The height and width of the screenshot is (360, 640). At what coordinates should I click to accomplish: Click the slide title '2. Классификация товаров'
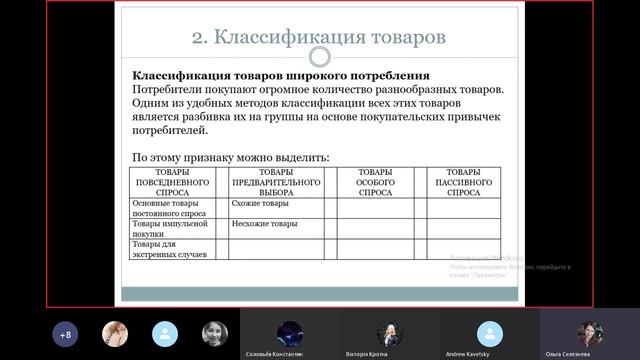click(319, 37)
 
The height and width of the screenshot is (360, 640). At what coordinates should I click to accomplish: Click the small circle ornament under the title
click(319, 57)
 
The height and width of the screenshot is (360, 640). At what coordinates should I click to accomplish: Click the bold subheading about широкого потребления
click(281, 76)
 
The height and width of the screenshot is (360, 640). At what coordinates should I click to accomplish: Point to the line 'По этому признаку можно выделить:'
click(230, 158)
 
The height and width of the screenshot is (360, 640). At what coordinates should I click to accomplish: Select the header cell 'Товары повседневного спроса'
click(172, 182)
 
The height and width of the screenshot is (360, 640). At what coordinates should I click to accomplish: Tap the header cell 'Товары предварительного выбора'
click(275, 182)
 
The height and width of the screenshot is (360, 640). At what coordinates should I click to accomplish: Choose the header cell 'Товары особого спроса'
click(375, 182)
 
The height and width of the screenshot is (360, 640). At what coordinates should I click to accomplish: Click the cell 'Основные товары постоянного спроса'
click(171, 208)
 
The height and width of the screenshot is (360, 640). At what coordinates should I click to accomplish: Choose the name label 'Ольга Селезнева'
click(589, 354)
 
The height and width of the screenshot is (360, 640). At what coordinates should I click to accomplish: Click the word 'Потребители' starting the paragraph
click(166, 90)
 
